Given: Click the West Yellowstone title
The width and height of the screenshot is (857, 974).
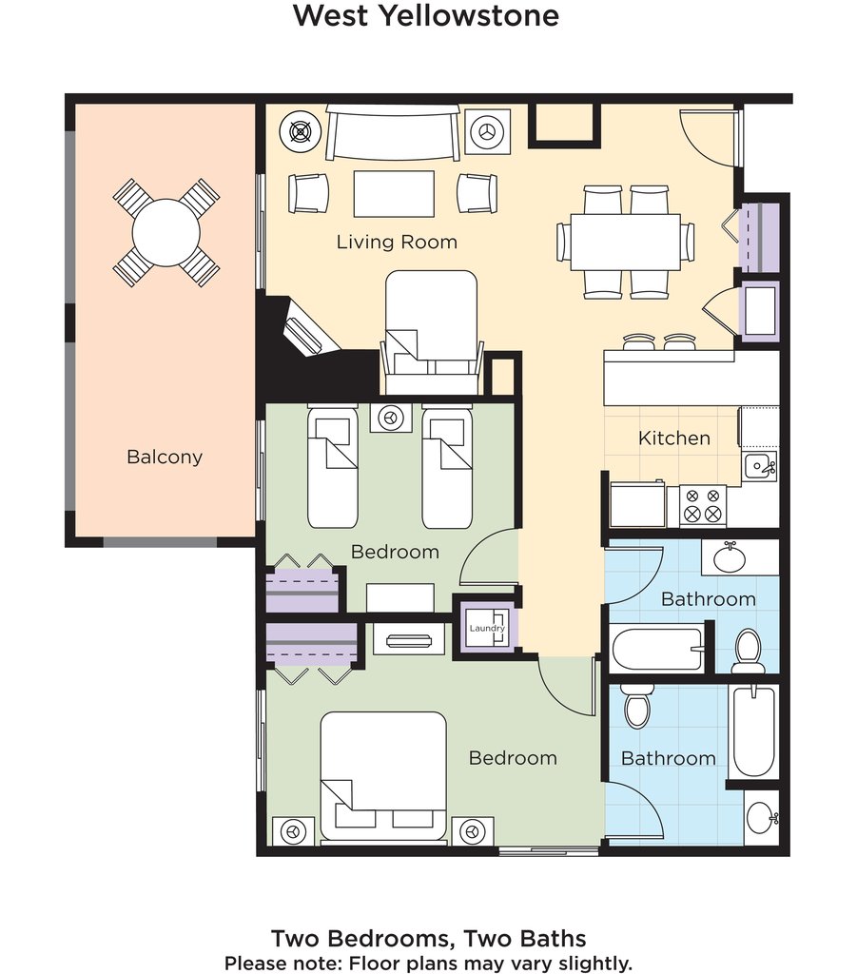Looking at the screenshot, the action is point(426,15).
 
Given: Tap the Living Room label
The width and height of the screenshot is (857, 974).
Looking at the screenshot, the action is point(397,242).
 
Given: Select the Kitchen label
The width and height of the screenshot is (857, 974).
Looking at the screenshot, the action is point(673,438).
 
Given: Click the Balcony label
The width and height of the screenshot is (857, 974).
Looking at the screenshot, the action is point(165,458).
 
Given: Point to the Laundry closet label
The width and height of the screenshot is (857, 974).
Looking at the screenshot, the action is point(487,628).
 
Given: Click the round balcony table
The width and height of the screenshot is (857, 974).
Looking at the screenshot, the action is point(166,233).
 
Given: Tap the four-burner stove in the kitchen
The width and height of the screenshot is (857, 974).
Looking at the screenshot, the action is point(703,505).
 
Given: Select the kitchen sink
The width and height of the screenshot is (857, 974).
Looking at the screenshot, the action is point(759,465).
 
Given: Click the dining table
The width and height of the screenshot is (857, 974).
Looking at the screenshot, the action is point(625,242).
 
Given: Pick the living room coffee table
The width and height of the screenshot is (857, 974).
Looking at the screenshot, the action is point(394,194).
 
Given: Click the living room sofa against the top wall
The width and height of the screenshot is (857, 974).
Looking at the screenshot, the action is point(393,132).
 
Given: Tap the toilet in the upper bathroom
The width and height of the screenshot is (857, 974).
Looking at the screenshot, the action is point(748,651).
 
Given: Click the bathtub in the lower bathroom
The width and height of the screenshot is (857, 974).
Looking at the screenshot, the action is point(753,731).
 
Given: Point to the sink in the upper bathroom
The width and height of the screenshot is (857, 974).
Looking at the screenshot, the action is point(730,557).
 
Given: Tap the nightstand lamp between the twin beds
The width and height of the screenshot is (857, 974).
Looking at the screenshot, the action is point(391,418).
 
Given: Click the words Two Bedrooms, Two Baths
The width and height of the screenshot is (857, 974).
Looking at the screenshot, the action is point(428,938).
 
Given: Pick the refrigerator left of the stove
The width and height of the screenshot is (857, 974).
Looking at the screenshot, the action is point(638,504).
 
